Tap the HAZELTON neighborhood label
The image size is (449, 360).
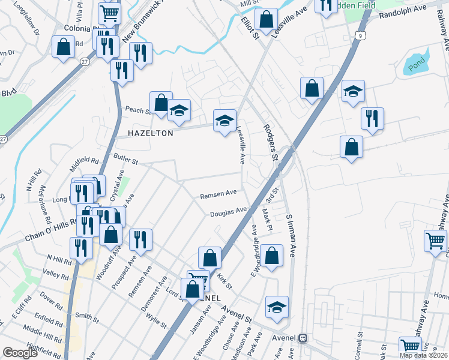[140, 133]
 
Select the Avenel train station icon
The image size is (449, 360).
[304, 338]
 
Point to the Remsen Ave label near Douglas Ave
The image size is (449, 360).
[218, 195]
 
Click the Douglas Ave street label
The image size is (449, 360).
[229, 212]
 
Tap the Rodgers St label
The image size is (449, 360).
[270, 143]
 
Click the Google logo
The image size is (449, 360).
[20, 353]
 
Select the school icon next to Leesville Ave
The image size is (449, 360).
[224, 119]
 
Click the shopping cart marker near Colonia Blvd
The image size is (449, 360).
[109, 12]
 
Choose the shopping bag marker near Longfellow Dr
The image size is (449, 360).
[63, 46]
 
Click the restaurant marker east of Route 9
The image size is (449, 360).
[372, 118]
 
